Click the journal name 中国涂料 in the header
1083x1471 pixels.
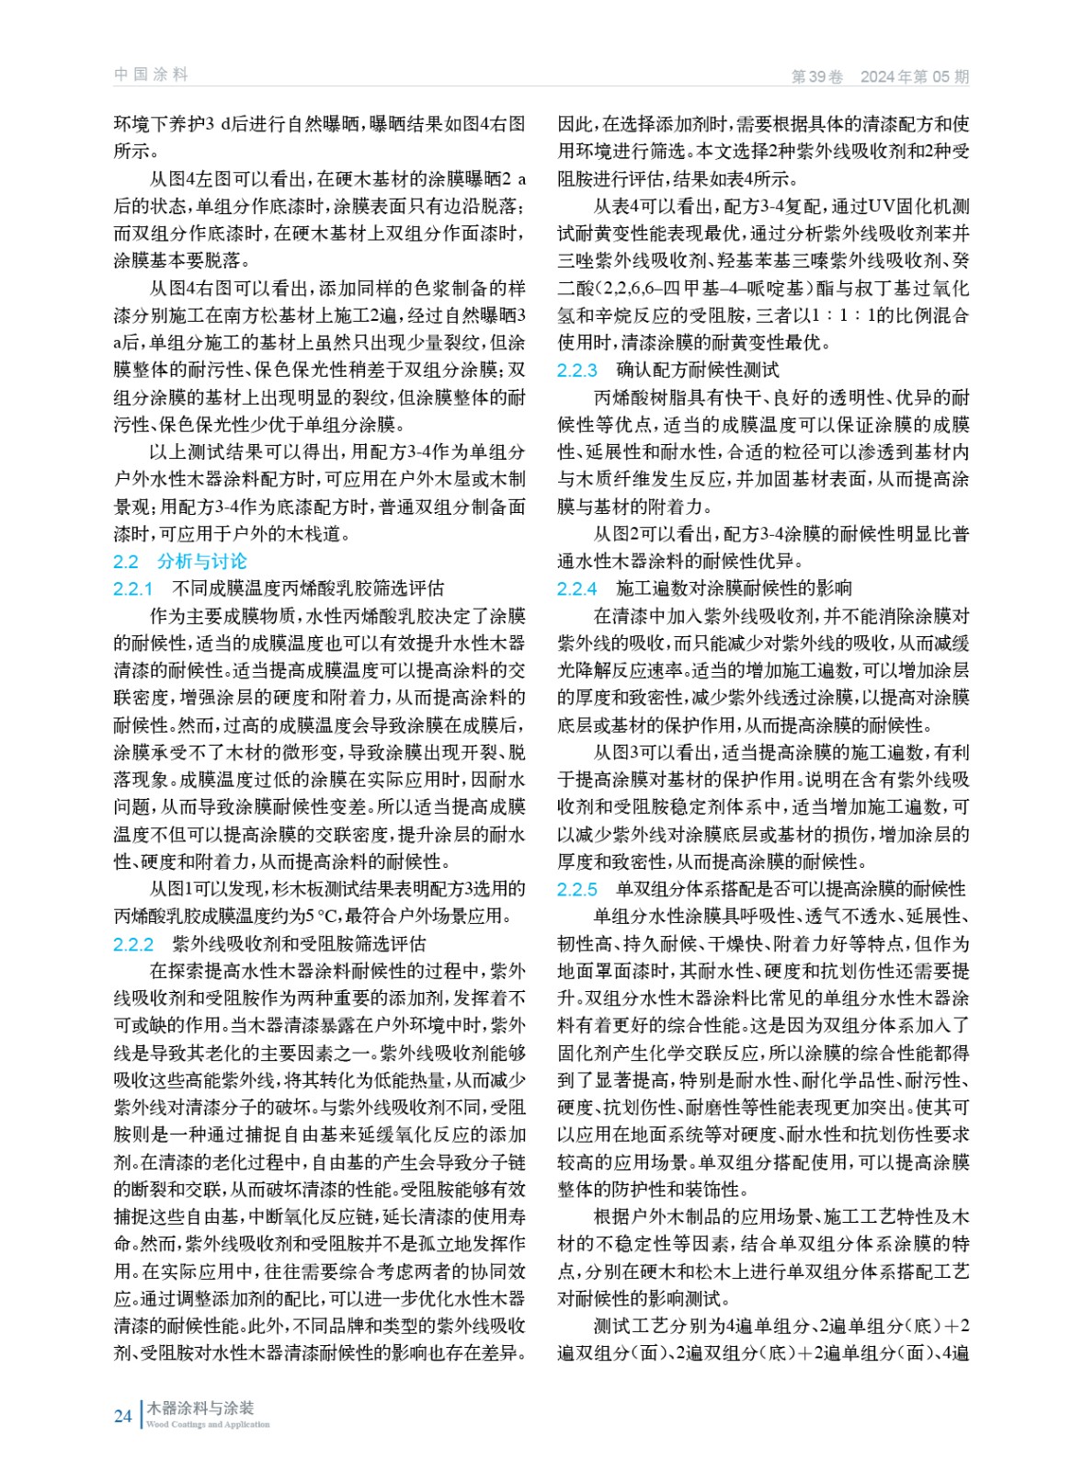pyautogui.click(x=151, y=74)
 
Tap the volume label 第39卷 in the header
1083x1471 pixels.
pyautogui.click(x=816, y=77)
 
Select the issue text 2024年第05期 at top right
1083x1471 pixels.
pyautogui.click(x=914, y=77)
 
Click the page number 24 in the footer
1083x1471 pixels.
pyautogui.click(x=122, y=1416)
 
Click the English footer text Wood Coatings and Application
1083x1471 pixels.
pyautogui.click(x=208, y=1424)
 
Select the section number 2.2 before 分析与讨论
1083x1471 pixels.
pyautogui.click(x=126, y=562)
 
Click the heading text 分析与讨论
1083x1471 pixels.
pyautogui.click(x=202, y=562)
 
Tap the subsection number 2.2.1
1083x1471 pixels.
pyautogui.click(x=133, y=588)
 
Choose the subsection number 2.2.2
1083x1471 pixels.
pyautogui.click(x=133, y=944)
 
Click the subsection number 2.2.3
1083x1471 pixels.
pyautogui.click(x=577, y=371)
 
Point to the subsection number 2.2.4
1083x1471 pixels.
pyautogui.click(x=577, y=588)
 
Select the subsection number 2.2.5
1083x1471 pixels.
pyautogui.click(x=577, y=889)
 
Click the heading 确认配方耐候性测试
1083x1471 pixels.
pyautogui.click(x=698, y=371)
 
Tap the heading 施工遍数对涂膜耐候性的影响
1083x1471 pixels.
pyautogui.click(x=734, y=588)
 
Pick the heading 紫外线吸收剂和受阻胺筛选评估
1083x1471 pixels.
pyautogui.click(x=299, y=944)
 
